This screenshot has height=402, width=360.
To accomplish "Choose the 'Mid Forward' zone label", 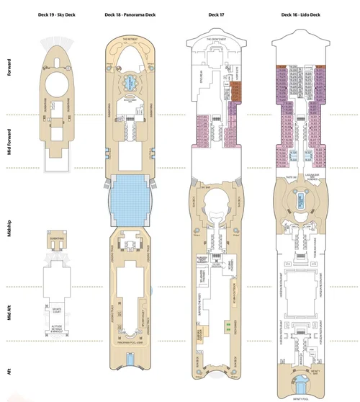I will coord(8,143).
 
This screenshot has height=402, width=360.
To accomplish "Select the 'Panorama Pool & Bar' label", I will coord(130,342).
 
